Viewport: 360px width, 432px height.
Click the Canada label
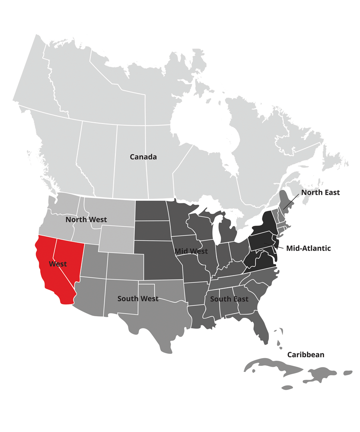143,157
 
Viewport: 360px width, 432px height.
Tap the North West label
86,219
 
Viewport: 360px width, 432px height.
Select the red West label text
58,264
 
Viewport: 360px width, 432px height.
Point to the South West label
138,299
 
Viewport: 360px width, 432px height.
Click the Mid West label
191,251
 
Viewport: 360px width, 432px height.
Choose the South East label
229,299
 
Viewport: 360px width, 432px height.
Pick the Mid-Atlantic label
308,248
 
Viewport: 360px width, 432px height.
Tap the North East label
320,192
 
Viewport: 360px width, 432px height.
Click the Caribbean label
306,355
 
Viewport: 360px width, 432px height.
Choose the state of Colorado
125,266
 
